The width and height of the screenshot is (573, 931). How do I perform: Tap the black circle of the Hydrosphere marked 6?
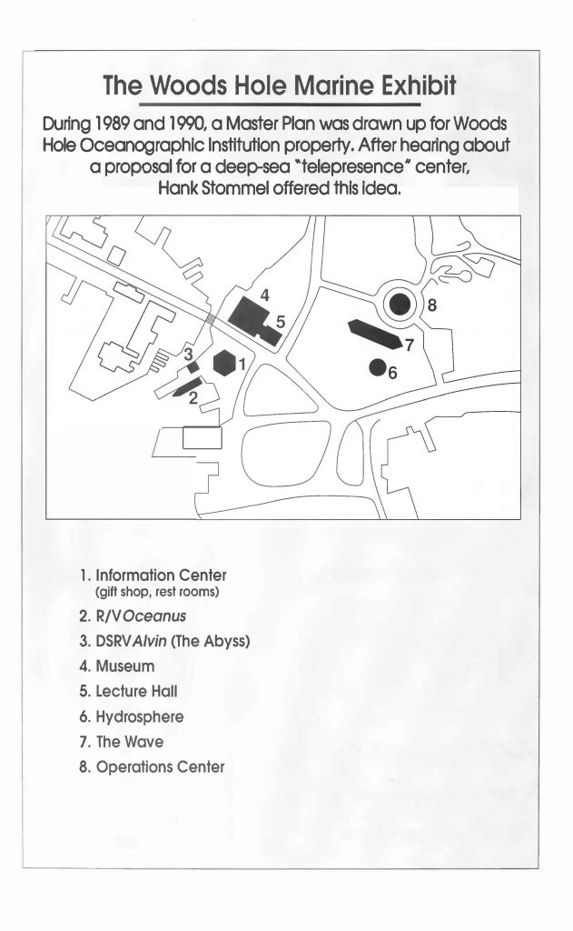click(x=377, y=367)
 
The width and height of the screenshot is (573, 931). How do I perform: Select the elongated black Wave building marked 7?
click(x=373, y=335)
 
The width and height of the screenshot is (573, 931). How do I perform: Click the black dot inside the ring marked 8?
click(x=400, y=305)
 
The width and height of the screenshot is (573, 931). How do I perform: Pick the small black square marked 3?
click(x=193, y=366)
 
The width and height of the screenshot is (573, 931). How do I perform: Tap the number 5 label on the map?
click(x=282, y=321)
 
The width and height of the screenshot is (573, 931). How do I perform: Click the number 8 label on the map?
click(x=431, y=305)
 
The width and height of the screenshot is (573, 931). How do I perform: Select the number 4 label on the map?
click(x=264, y=295)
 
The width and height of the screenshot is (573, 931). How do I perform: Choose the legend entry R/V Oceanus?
click(x=140, y=616)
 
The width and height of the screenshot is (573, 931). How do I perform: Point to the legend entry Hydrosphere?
click(x=136, y=716)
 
